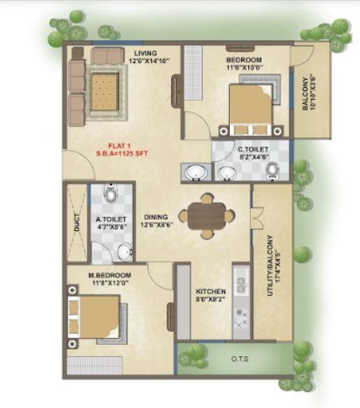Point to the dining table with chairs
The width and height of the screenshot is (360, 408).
pyautogui.click(x=206, y=214)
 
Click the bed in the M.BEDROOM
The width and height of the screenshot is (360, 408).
pyautogui.click(x=94, y=318)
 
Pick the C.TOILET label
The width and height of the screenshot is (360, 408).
pyautogui.click(x=250, y=149)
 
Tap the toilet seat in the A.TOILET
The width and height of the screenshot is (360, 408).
pyautogui.click(x=108, y=192)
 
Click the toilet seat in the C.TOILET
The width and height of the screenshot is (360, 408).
pyautogui.click(x=271, y=170)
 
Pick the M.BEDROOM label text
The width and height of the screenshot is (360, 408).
pyautogui.click(x=110, y=276)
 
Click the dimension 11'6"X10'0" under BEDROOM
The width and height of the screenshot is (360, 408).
pyautogui.click(x=243, y=68)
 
